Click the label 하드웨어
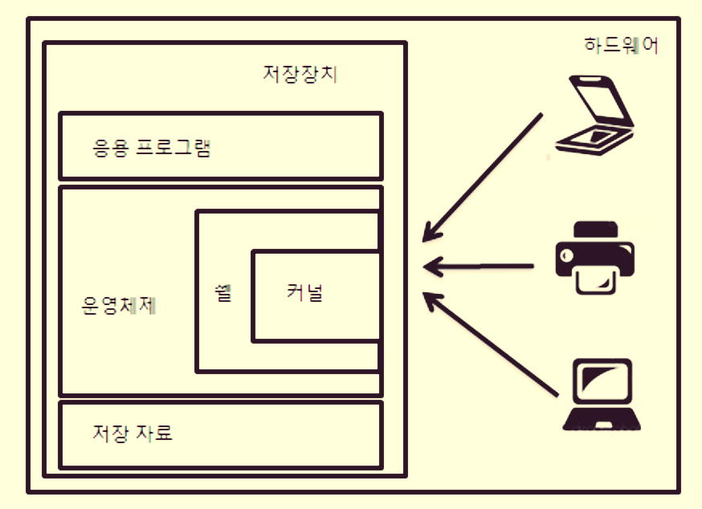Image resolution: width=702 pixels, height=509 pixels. click(x=621, y=46)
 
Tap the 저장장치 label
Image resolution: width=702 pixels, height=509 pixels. click(x=300, y=75)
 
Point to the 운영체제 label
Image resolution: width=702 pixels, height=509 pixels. click(x=120, y=304)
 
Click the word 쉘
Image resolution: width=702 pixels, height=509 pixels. click(x=222, y=293)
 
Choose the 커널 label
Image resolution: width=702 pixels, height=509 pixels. click(x=304, y=293)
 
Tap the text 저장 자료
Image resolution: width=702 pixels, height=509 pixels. click(x=133, y=434)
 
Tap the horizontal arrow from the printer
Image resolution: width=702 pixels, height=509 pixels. click(x=482, y=266)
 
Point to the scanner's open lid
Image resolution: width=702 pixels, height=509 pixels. click(x=599, y=100)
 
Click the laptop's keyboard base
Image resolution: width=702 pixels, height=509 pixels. click(x=602, y=419)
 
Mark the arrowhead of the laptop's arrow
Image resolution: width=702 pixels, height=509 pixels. click(x=434, y=301)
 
